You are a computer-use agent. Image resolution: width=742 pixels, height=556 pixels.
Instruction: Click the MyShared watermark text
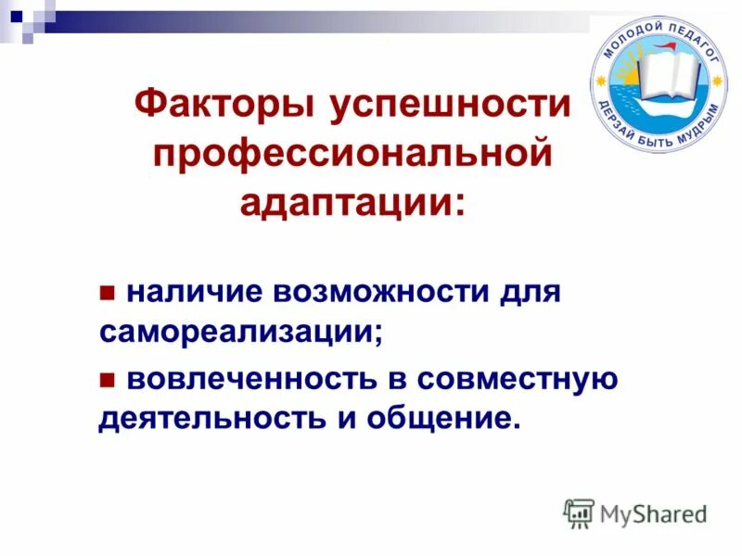653,512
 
